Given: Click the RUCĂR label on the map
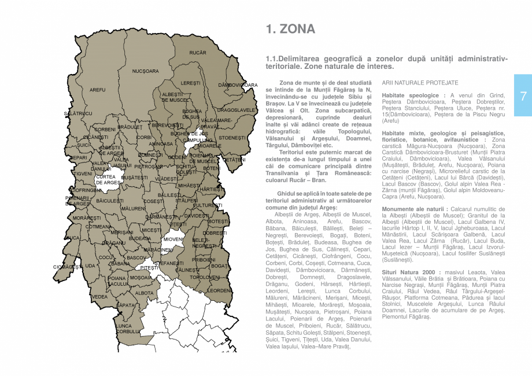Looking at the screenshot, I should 198,53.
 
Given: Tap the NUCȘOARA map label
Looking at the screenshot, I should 145,71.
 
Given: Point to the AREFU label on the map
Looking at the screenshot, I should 98,90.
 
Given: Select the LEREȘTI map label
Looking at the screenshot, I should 190,83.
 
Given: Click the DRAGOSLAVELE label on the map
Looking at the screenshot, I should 236,110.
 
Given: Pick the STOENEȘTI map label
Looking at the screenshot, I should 232,138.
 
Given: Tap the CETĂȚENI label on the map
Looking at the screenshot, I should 234,159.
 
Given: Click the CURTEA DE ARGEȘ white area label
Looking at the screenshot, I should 108,180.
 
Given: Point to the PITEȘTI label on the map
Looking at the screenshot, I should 149,268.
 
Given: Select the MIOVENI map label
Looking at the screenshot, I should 173,239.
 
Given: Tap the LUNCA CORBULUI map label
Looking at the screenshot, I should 127,329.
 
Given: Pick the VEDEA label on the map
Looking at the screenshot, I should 99,297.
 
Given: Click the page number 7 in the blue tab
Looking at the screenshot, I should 522,97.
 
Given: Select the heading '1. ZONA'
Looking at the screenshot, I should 290,30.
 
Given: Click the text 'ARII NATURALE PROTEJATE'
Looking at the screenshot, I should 420,83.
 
